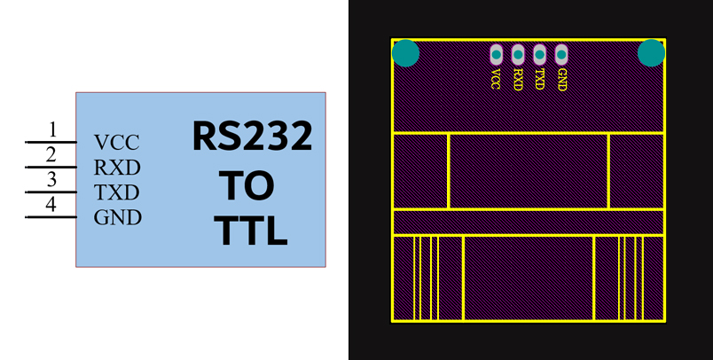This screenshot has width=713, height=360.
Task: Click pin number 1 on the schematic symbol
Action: [52, 129]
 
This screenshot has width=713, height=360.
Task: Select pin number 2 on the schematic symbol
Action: [52, 154]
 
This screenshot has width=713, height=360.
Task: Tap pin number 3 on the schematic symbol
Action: [52, 180]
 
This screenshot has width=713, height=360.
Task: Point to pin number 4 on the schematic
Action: [52, 206]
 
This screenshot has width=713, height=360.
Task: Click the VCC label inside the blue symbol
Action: [116, 142]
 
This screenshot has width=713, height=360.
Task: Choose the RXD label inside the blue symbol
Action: [117, 167]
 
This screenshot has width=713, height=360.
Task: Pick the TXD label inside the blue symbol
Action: [117, 192]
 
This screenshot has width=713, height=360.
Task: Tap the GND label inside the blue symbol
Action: [118, 218]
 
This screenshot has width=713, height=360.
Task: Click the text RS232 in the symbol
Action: [253, 137]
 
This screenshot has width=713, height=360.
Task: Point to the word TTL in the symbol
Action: [251, 232]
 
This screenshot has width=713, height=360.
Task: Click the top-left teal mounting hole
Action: [405, 53]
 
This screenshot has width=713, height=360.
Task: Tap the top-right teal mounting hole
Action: [651, 53]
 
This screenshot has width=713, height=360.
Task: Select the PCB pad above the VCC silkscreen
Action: [496, 54]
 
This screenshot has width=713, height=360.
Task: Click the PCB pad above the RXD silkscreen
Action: [518, 54]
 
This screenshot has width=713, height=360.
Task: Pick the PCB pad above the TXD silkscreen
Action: [539, 54]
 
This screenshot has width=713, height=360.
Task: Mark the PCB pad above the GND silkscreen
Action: [561, 54]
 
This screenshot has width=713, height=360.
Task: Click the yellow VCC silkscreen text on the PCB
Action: [496, 80]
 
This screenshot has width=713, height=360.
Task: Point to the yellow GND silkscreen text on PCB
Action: [561, 80]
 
